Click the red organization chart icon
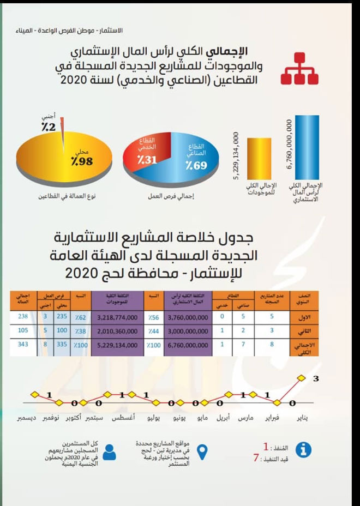(299, 69)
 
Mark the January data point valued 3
(299, 377)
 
